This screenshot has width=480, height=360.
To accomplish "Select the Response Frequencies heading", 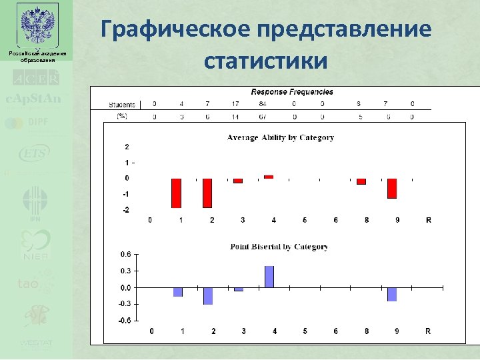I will coord(292,92).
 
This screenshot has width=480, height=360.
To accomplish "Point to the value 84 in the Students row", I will coord(263,104).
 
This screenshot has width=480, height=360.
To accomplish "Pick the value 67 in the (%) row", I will coord(263,116).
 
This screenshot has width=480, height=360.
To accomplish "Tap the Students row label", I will coord(122,105).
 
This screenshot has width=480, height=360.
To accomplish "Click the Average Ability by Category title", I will coord(281,138).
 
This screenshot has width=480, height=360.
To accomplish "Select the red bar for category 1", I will coord(176,193).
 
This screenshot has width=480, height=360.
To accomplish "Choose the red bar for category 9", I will coord(392,189).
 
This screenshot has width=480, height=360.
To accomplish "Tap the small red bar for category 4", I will coord(269,177).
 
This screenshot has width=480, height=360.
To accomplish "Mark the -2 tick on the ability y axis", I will coord(127,210).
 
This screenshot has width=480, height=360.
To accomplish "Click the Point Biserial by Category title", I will coord(279,247).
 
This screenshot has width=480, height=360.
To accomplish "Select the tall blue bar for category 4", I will coord(269,277).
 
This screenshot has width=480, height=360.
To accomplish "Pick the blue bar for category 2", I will coord(208,296).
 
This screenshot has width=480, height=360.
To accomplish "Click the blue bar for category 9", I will coord(392,295).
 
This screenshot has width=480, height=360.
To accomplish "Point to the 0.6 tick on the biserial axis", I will coord(125,254).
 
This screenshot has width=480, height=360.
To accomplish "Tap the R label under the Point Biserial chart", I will coord(428,331).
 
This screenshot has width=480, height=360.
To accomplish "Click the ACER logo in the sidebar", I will coord(36,78).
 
